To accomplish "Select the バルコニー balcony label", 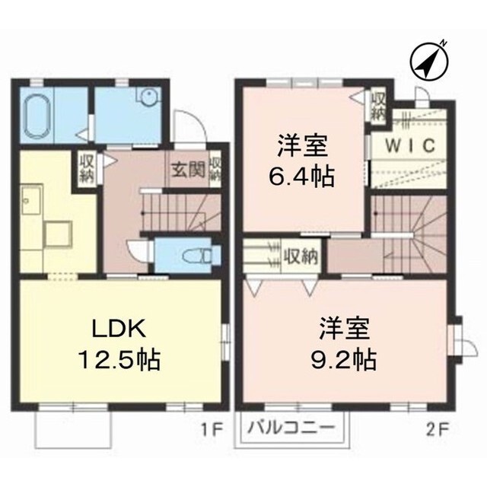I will (291, 429).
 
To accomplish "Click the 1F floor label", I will (212, 429).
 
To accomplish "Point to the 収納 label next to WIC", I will (377, 104).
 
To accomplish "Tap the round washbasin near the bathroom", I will (148, 97).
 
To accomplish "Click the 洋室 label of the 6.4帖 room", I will (303, 145).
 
